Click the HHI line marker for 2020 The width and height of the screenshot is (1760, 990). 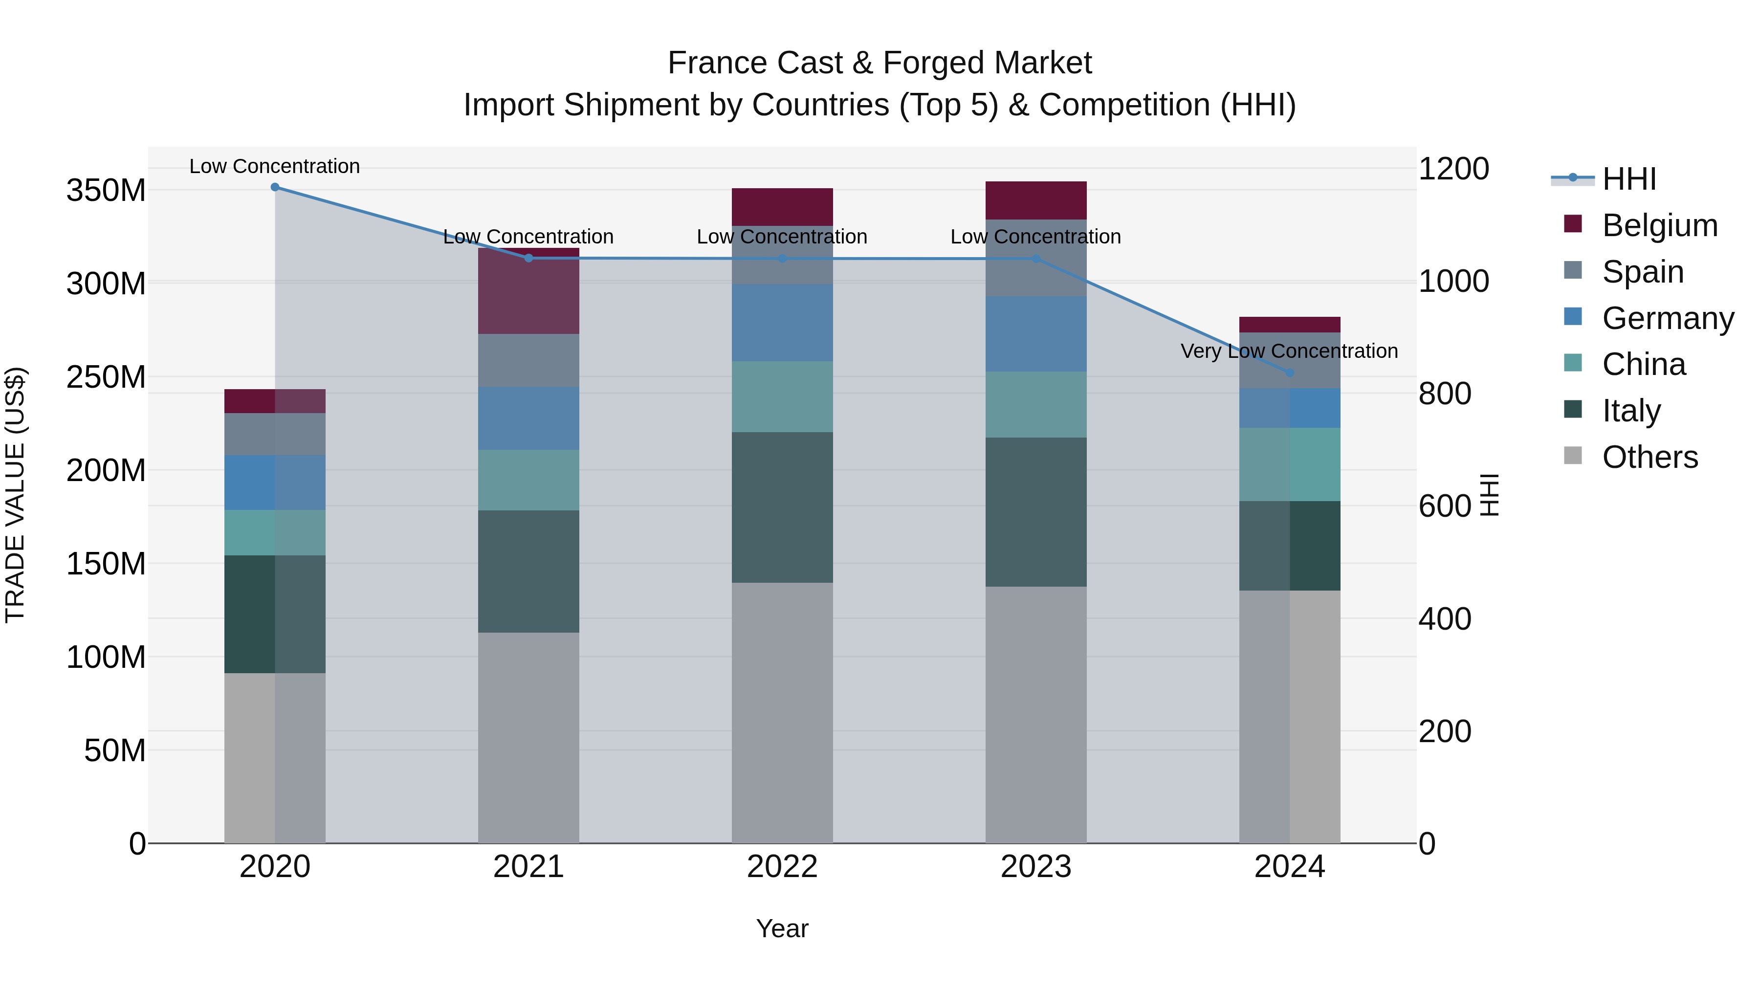(x=275, y=187)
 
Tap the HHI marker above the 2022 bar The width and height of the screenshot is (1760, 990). (x=782, y=258)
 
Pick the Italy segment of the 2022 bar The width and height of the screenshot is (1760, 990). (x=782, y=507)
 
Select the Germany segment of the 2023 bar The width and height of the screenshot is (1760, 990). (x=1036, y=333)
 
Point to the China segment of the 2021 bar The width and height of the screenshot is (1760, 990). (x=528, y=480)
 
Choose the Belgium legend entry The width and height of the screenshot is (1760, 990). (x=1659, y=225)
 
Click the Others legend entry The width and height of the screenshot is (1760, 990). (x=1650, y=457)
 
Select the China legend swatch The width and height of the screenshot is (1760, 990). (x=1573, y=363)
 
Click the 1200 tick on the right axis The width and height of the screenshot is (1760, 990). (x=1453, y=169)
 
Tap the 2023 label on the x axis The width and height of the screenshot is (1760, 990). (x=1036, y=866)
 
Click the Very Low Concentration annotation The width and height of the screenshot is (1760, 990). (x=1289, y=351)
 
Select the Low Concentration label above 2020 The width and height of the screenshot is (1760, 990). (x=275, y=166)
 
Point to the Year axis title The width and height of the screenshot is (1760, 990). (x=782, y=928)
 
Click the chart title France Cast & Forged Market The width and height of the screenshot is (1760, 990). (x=880, y=63)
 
